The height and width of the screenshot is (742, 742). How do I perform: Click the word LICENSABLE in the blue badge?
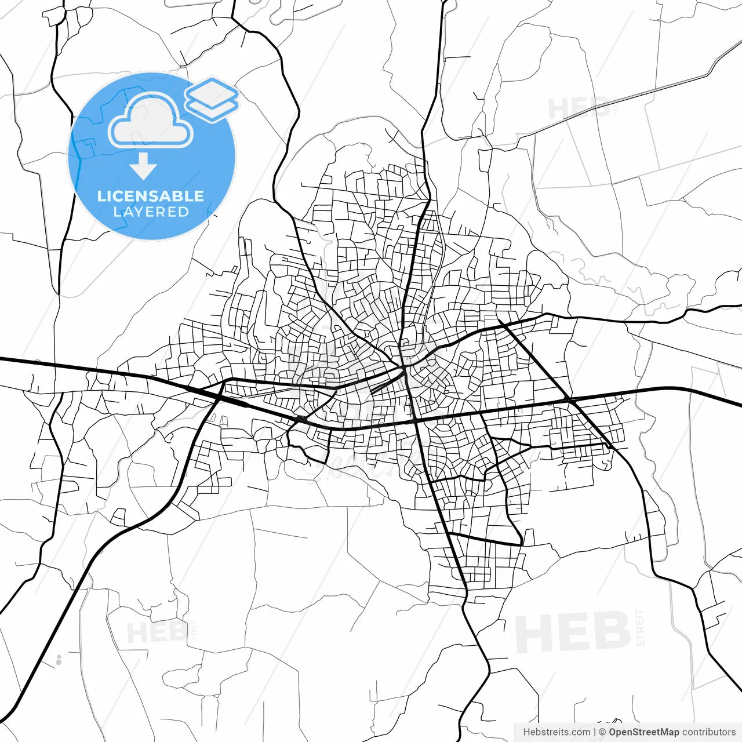[151, 196]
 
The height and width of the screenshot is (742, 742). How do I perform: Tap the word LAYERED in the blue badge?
[151, 212]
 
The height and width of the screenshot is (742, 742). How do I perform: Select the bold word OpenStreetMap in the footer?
[644, 732]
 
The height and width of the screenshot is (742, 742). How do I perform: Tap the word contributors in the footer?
[709, 732]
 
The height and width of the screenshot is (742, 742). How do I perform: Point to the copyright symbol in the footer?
[603, 732]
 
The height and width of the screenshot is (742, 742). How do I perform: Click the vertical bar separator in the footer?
[595, 732]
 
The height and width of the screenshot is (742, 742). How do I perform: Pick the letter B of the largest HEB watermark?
[612, 633]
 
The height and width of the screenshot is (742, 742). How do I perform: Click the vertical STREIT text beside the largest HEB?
[640, 627]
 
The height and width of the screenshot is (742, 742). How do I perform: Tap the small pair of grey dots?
[59, 659]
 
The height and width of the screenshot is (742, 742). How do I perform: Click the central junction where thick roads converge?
[403, 368]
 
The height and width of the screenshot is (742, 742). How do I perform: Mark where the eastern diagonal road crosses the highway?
[569, 401]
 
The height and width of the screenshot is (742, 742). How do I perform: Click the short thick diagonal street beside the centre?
[385, 382]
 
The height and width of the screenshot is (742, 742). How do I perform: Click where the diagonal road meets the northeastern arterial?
[500, 322]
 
